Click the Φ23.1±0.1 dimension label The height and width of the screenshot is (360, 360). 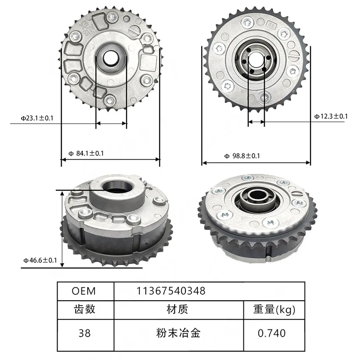tap(37, 118)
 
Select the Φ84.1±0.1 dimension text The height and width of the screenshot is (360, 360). tap(86, 153)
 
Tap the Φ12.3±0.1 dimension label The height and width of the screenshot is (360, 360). tap(331, 116)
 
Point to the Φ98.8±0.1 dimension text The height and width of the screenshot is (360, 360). tap(242, 156)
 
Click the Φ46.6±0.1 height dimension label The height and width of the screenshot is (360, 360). tap(40, 260)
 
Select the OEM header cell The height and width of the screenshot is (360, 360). tap(84, 291)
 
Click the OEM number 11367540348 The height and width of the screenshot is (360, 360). tap(171, 291)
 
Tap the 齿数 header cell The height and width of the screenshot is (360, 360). tap(85, 309)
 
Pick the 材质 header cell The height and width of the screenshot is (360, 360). tap(177, 309)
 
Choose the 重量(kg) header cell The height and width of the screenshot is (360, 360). tap(274, 309)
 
